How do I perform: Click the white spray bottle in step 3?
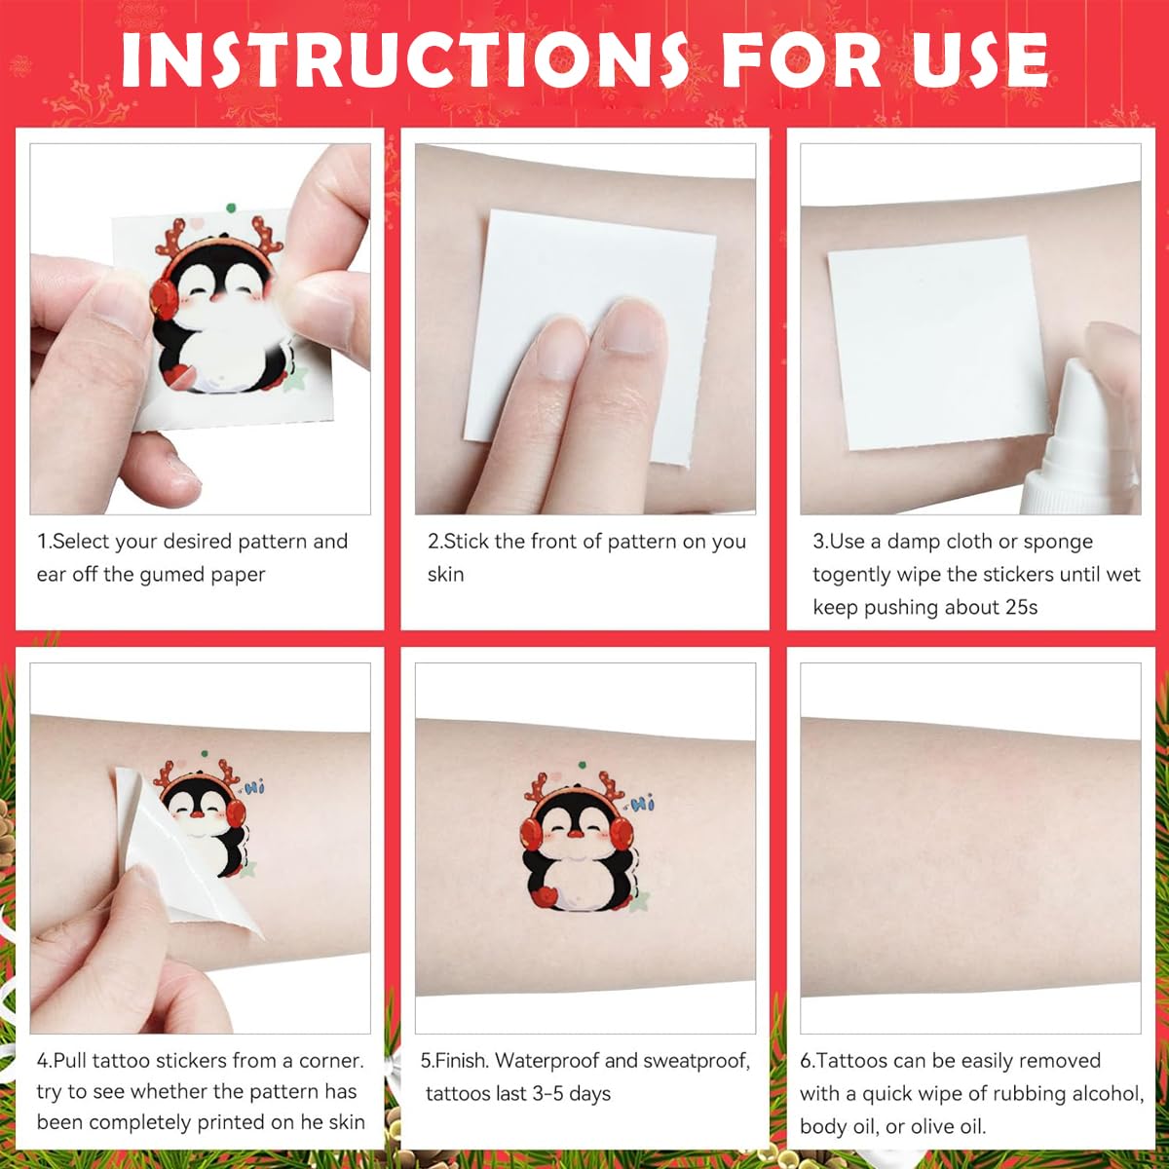[1081, 438]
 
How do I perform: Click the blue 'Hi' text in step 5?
[643, 804]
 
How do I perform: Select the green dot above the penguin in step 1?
[230, 207]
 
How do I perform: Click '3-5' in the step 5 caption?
[547, 1094]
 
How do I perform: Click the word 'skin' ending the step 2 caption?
[445, 575]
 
